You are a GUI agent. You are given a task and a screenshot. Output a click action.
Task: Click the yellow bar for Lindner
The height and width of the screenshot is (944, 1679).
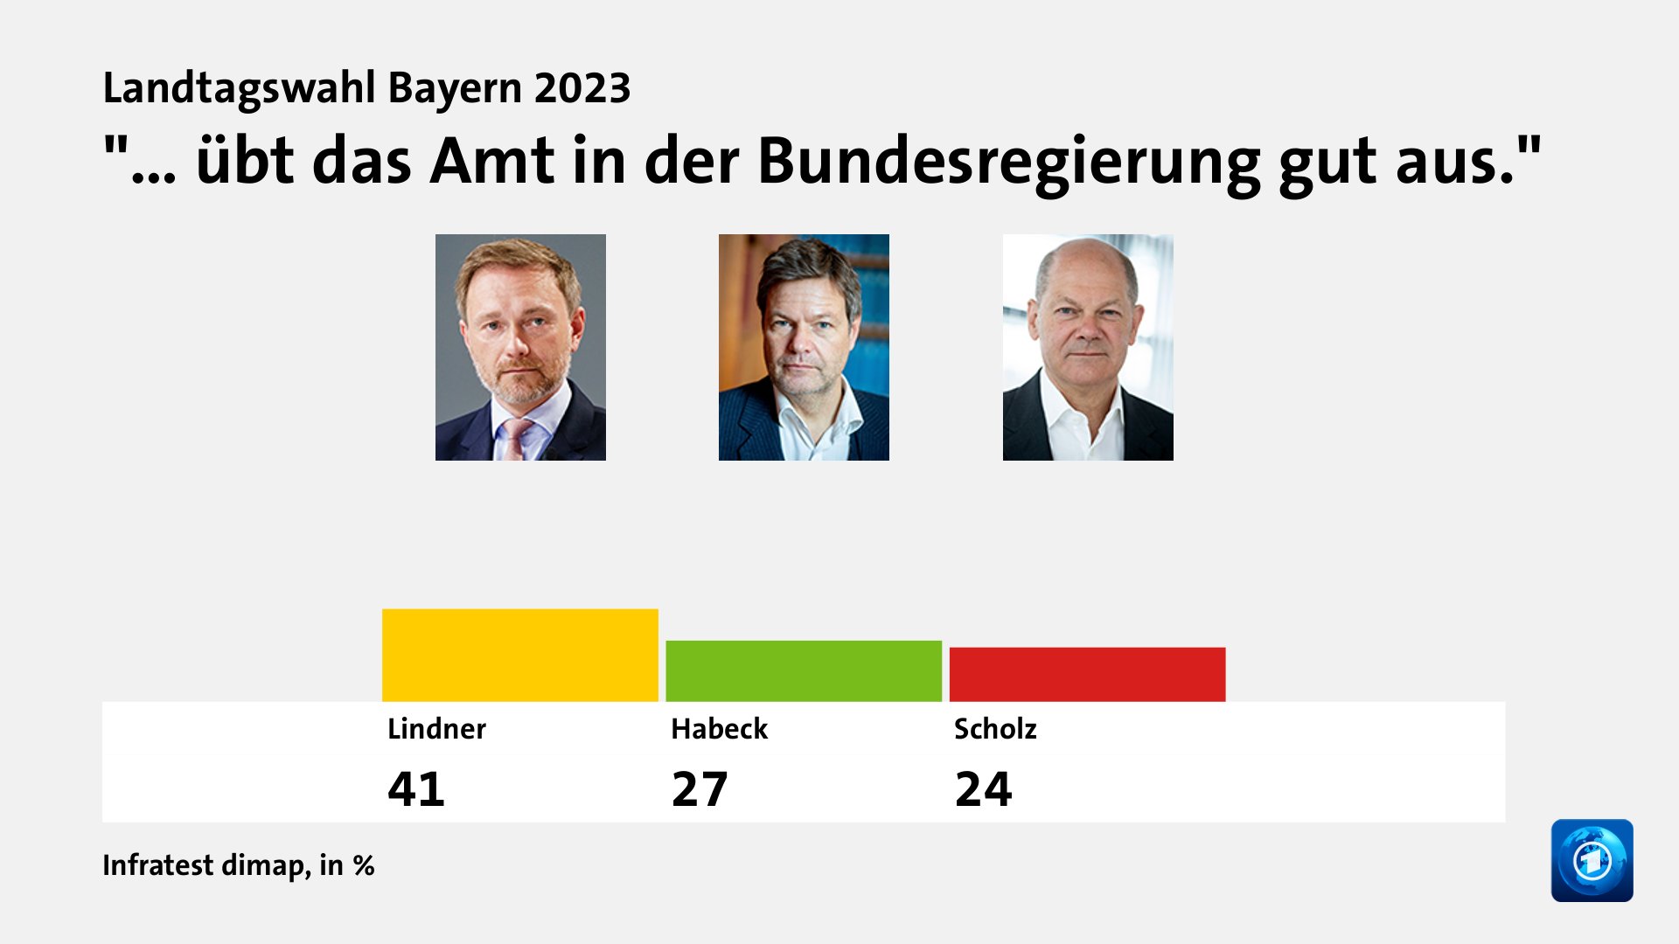[x=520, y=655]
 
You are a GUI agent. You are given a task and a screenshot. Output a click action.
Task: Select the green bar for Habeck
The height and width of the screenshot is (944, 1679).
[x=804, y=670]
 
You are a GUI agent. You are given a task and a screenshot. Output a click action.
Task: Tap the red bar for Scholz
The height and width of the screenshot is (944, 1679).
[x=1087, y=674]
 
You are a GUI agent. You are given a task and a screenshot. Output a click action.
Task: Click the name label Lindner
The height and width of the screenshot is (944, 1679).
[x=436, y=728]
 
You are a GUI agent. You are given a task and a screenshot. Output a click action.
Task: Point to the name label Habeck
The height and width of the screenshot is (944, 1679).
[x=719, y=728]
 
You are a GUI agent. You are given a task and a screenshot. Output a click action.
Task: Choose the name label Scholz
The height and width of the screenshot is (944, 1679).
[x=995, y=728]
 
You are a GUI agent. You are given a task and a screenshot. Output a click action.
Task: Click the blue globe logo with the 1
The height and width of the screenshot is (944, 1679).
[x=1592, y=860]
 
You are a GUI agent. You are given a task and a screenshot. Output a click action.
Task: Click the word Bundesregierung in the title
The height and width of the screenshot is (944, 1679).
[x=1008, y=162]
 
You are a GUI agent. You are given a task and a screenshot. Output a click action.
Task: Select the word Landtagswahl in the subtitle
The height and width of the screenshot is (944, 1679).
[x=239, y=88]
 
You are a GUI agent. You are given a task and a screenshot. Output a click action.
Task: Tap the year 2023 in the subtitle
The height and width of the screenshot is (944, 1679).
[x=582, y=88]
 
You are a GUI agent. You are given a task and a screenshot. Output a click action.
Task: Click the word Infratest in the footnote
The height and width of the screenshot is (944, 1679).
[x=158, y=864]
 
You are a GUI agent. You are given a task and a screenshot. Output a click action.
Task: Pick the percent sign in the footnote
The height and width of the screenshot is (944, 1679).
[x=364, y=865]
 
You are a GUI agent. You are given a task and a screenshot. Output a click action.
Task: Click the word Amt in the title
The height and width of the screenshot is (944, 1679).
[x=491, y=162]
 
